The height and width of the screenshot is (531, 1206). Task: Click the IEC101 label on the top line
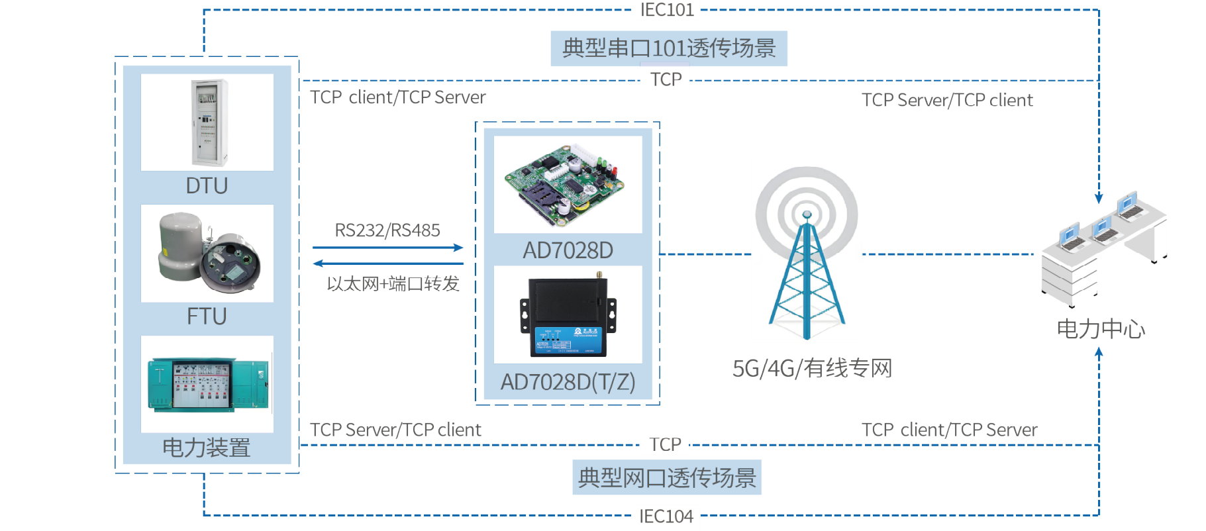pos(666,10)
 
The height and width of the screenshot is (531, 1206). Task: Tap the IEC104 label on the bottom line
pos(666,516)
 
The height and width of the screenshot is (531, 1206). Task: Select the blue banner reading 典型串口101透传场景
pos(669,48)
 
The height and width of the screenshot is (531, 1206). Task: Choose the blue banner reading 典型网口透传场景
pos(667,477)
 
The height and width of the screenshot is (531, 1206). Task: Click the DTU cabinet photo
pos(207,122)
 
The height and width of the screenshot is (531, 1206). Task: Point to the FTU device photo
pos(207,253)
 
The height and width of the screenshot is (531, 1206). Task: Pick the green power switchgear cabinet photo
pos(207,384)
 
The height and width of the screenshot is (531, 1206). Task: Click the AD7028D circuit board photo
pos(568,184)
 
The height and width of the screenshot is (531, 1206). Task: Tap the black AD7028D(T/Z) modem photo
pos(568,314)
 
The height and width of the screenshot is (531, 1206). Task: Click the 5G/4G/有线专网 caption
pos(812,368)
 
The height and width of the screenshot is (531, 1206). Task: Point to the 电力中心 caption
pos(1101,329)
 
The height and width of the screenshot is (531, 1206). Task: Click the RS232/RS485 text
pos(387,230)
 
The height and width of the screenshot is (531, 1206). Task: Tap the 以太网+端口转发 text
pos(393,284)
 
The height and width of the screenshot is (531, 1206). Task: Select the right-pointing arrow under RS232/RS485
pos(388,248)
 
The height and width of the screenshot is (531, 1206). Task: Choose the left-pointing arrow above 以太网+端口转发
pos(388,264)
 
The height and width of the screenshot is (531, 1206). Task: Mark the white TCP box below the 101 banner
pos(666,79)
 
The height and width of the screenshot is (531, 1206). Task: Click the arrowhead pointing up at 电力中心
pos(1099,354)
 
